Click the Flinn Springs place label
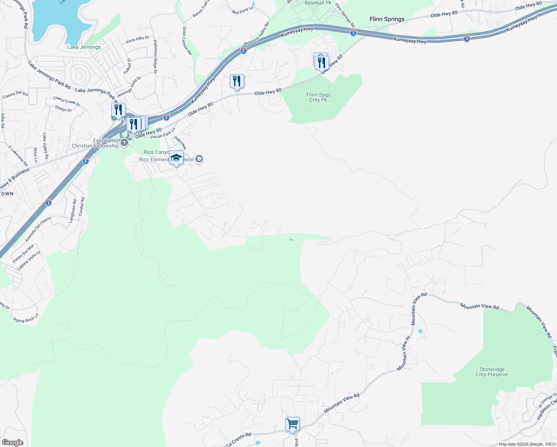(387, 19)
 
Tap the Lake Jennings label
(84, 47)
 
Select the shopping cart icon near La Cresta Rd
(292, 424)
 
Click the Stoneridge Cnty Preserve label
(491, 372)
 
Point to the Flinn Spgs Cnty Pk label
(318, 97)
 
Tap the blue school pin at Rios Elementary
(176, 158)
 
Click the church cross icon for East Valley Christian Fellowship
(124, 143)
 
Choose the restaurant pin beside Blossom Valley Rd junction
(237, 81)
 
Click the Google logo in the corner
(12, 442)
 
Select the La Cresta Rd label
(239, 440)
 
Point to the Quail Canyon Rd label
(187, 41)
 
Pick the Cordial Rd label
(82, 207)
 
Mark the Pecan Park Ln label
(163, 133)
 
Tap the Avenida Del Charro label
(38, 229)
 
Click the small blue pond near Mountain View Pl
(420, 331)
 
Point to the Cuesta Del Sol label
(15, 95)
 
